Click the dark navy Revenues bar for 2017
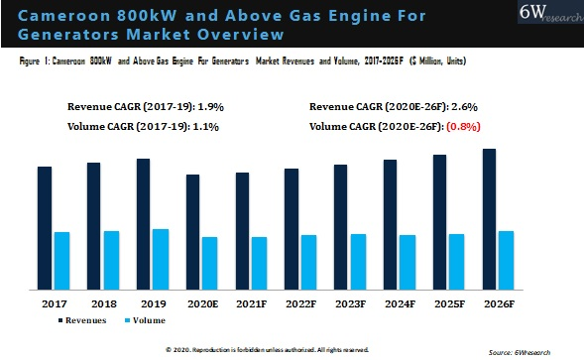point(45,228)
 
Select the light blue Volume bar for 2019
point(161,259)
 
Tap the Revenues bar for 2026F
point(490,219)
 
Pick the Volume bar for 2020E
point(209,263)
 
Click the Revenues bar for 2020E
point(192,232)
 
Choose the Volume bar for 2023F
point(358,262)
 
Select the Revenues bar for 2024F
point(391,224)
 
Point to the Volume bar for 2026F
point(507,260)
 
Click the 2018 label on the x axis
point(102,302)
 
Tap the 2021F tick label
point(251,302)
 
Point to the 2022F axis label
point(300,302)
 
